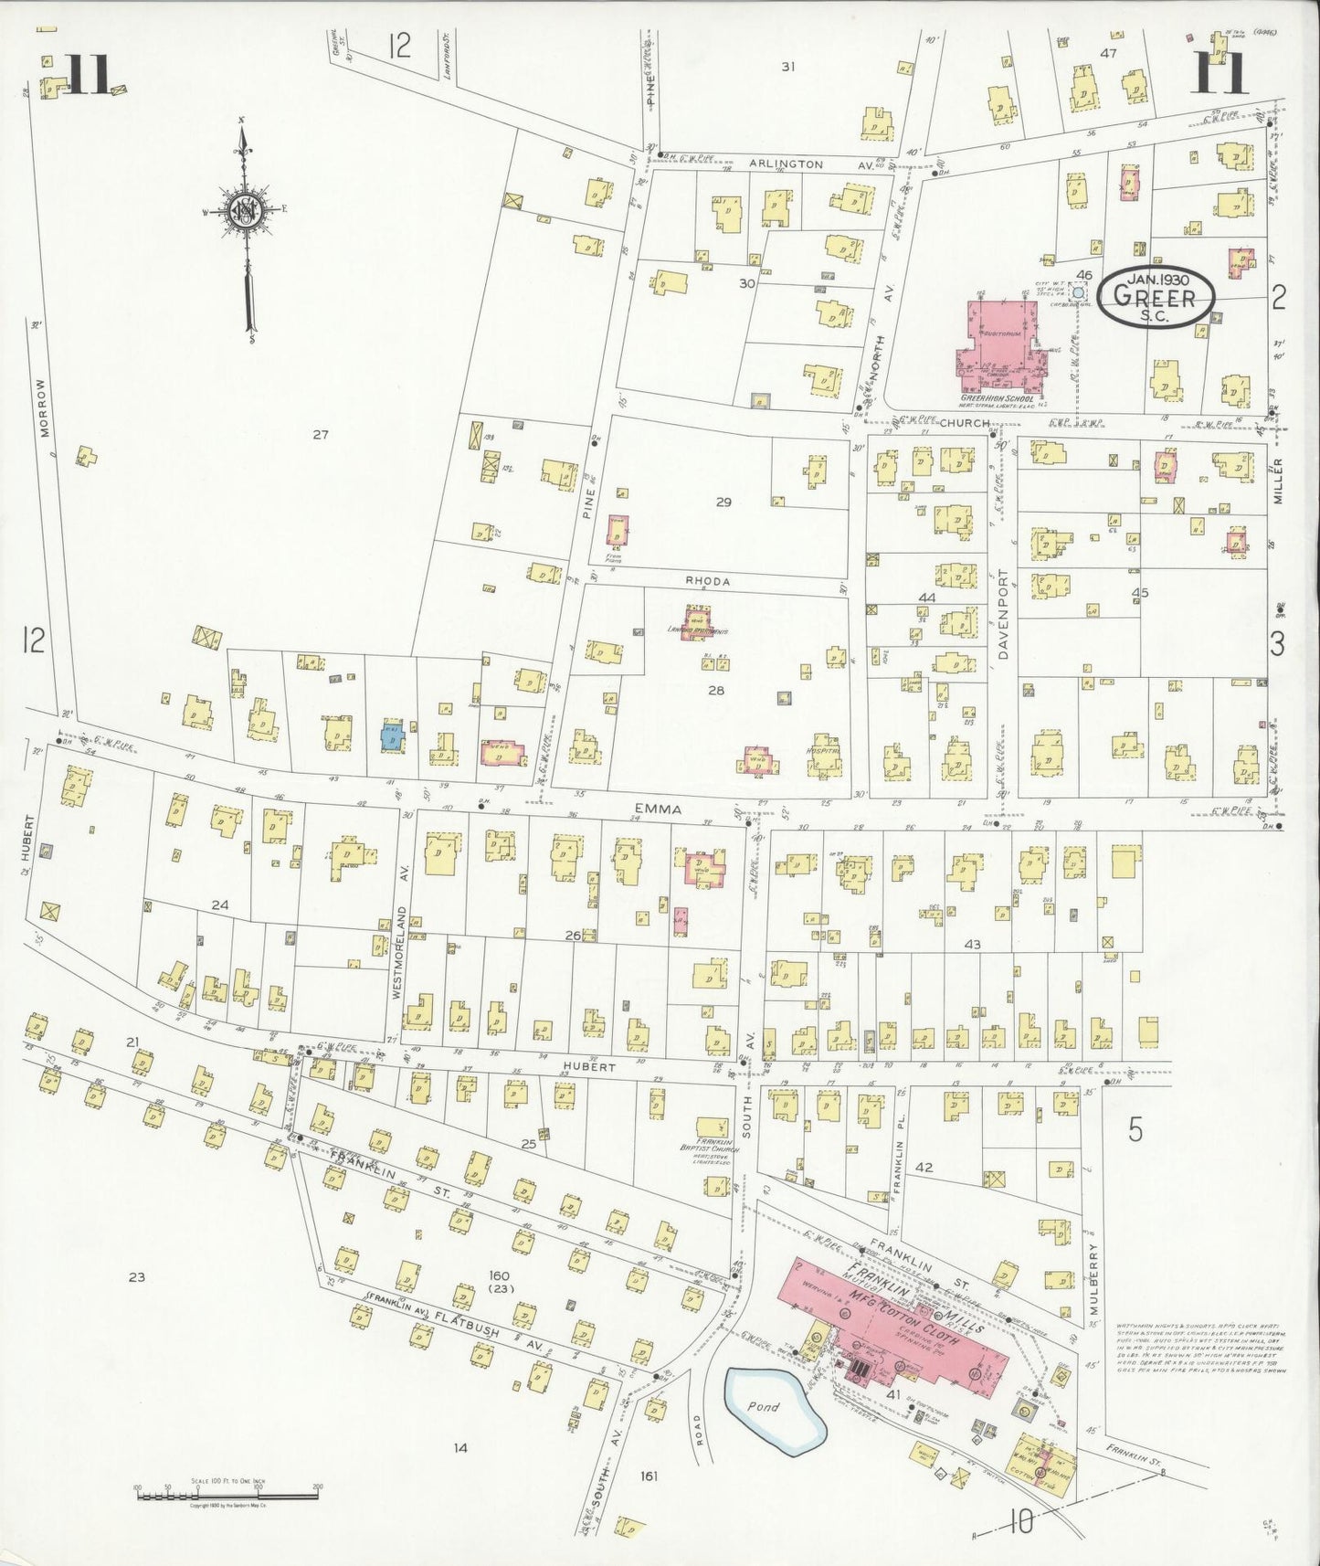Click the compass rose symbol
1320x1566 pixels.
[245, 211]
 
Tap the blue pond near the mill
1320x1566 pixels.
[773, 1406]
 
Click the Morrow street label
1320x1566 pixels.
[42, 408]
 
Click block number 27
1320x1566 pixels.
[320, 435]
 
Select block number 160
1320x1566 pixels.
[498, 1275]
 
